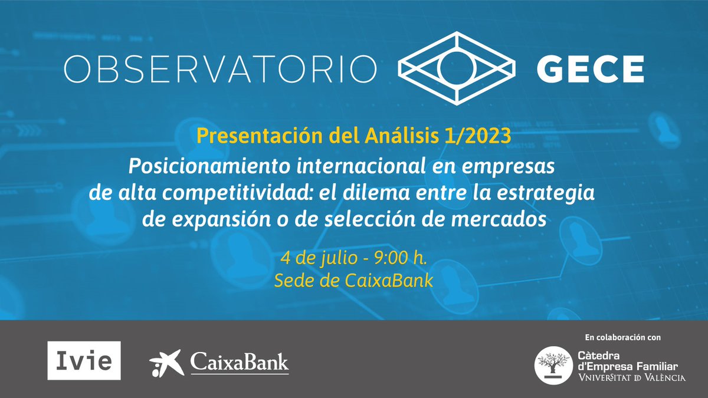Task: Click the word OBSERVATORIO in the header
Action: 220,70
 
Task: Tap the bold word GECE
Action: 589,70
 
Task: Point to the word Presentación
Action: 257,136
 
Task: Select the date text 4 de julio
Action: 310,258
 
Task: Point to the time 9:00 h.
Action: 388,258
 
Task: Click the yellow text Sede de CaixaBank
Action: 354,281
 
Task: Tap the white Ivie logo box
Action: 84,360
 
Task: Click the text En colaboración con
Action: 622,338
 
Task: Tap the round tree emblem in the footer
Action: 552,365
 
